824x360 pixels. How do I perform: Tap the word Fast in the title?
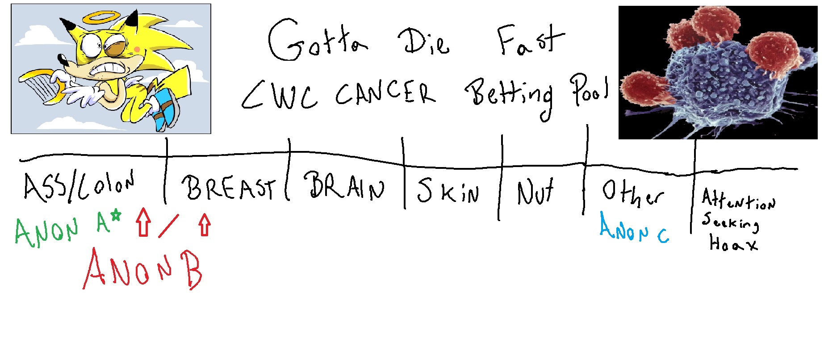pyautogui.click(x=530, y=40)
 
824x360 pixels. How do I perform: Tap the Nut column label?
pyautogui.click(x=535, y=192)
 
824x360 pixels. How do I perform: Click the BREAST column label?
pyautogui.click(x=228, y=188)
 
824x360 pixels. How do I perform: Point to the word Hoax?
pyautogui.click(x=733, y=244)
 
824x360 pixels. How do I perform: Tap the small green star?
pyautogui.click(x=116, y=216)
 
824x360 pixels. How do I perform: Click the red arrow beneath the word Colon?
pyautogui.click(x=143, y=221)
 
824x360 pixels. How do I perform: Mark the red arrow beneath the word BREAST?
pyautogui.click(x=205, y=224)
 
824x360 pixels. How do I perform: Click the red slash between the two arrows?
pyautogui.click(x=168, y=226)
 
